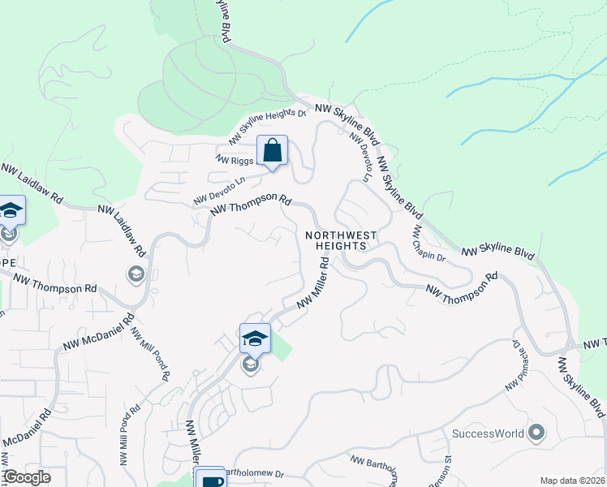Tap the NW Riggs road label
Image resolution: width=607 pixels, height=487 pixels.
235,159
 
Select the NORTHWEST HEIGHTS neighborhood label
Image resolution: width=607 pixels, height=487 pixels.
342,240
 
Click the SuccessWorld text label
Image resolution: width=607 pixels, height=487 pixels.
488,433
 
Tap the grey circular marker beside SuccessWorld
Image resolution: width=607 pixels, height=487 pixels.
536,432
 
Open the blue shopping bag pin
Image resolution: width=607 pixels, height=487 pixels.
273,151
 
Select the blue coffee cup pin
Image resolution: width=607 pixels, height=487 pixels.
211,480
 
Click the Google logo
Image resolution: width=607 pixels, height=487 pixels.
27,477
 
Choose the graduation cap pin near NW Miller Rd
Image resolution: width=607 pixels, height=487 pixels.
255,338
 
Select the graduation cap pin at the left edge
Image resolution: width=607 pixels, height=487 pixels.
11,212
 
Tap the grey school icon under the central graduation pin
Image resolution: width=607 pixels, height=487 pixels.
251,367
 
